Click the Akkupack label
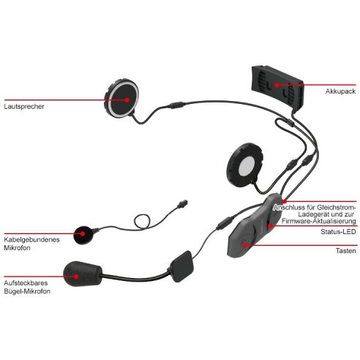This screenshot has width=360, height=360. pos(340,91)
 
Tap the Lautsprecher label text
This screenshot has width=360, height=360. pos(24,107)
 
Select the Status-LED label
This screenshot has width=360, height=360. pos(338,231)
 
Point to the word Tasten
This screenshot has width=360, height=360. pos(345,251)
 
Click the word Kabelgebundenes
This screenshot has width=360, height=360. pos(31,239)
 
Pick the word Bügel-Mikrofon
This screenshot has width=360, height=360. pos(27,291)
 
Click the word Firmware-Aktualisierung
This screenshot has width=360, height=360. pos(318,221)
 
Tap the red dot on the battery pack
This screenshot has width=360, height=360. pos(277,85)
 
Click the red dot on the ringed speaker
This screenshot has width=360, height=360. pos(127,100)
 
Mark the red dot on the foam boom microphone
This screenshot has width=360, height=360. pos(77,277)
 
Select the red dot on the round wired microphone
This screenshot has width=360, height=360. pos(83,233)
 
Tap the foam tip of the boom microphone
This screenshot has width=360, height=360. pos(83,274)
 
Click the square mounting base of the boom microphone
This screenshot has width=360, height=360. pos(181,266)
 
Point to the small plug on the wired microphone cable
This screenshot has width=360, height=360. pos(182,203)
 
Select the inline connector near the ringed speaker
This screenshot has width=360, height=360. pos(176,105)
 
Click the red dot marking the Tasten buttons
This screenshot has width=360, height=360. pos(245,245)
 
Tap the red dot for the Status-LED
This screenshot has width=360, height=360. pos(270,226)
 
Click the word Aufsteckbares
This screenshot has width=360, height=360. pos(26,283)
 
